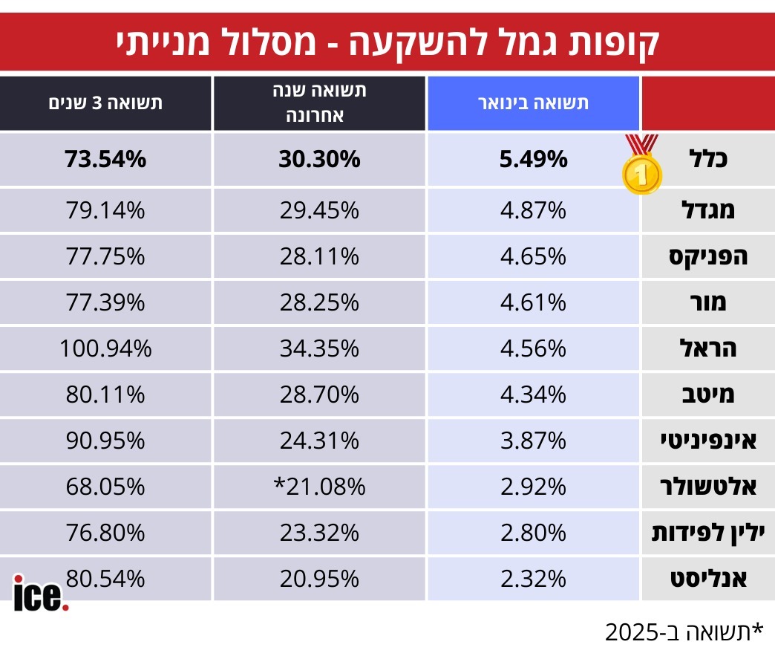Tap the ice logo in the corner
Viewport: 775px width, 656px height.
42,593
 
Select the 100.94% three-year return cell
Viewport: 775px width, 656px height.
105,348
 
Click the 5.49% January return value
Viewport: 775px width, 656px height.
533,159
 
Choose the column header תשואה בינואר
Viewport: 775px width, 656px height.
533,103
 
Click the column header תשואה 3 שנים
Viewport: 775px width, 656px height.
105,103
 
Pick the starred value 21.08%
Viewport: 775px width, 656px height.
320,487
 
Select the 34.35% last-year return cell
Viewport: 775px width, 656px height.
320,348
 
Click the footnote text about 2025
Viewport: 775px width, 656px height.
684,632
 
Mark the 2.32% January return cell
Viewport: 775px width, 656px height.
533,578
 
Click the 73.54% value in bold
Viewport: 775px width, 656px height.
105,159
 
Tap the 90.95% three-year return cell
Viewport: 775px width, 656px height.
105,441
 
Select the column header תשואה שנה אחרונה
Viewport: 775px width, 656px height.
320,103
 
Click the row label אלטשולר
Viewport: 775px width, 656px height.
706,487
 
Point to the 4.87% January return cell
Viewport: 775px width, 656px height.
533,210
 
